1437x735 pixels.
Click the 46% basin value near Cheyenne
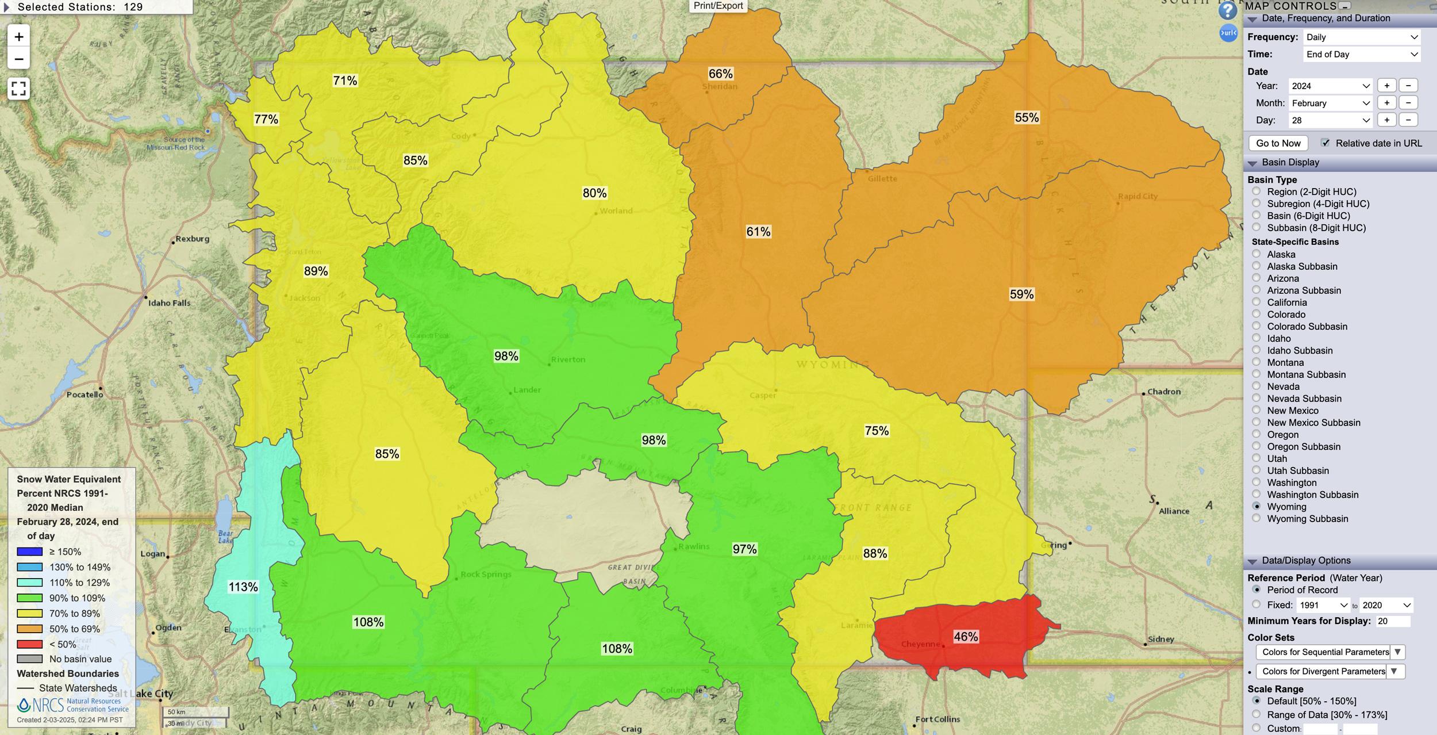966,637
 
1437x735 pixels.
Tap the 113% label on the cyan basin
243,587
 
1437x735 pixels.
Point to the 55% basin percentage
1027,117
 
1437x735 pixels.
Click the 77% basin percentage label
266,119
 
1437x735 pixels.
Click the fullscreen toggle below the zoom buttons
18,89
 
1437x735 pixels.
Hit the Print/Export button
718,6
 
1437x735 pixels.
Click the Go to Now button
1278,143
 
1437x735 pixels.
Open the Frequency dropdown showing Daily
1361,37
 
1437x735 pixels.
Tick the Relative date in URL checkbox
1325,143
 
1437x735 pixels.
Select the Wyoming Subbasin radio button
1257,518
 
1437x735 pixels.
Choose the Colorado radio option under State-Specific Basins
1257,314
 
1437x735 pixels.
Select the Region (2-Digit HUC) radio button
1257,192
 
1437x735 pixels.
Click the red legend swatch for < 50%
30,644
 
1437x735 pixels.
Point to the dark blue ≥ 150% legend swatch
30,552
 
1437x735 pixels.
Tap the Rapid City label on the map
1138,196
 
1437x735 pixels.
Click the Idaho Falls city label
169,303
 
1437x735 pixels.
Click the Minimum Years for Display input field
1393,621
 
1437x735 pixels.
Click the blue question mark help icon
1227,11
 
